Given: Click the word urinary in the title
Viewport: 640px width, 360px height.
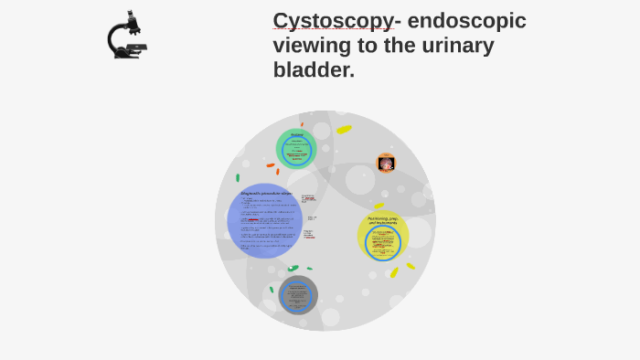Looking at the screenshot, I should pos(447,45).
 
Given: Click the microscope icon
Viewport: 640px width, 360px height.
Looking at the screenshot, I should pos(126,36).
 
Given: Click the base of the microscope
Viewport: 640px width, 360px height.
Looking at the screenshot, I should pos(126,55).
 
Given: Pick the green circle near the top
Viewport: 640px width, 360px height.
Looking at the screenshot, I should pos(296,148).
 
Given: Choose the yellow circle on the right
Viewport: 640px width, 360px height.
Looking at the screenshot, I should pos(382,236).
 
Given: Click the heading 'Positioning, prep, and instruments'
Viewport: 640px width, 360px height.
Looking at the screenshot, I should pos(382,220).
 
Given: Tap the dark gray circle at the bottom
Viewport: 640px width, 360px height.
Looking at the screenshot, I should pos(298,295).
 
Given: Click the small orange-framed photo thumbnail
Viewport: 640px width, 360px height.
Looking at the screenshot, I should pos(387,164).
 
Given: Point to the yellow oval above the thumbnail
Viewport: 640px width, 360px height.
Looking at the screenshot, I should pos(344,130).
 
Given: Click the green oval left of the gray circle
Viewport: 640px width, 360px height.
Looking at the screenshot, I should pos(272,290).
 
